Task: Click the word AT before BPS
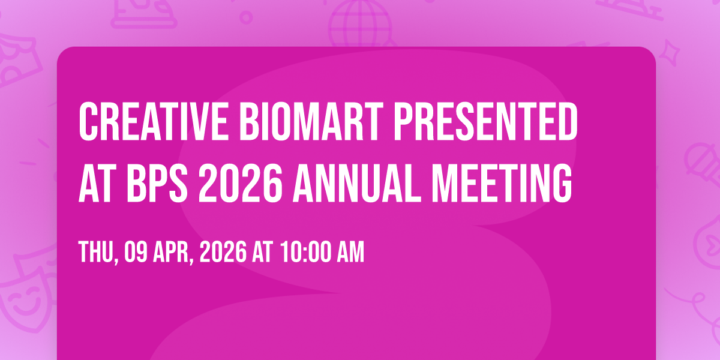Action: tap(97, 183)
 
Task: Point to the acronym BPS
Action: tap(157, 183)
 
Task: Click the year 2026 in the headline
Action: tap(241, 183)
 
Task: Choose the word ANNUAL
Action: tap(357, 183)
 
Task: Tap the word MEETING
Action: tap(502, 183)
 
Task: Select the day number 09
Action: tap(136, 253)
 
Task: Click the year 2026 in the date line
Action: tap(223, 253)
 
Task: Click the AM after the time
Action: tap(350, 253)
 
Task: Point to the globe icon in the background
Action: tap(360, 23)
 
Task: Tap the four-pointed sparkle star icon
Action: tap(670, 53)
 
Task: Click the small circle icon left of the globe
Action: tap(246, 17)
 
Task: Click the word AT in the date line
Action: tap(263, 253)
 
